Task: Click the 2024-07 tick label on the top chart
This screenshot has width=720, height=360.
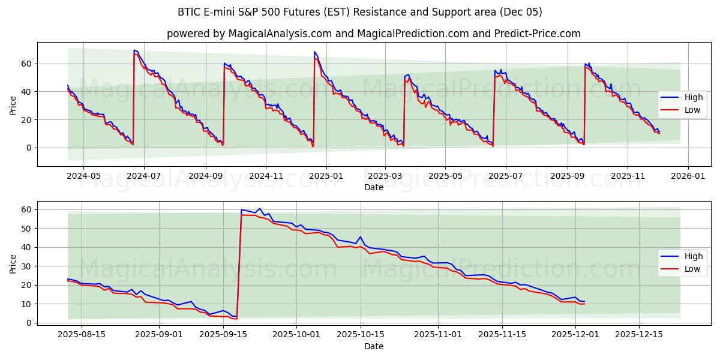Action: pos(145,176)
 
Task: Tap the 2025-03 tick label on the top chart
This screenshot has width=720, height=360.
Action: pos(385,176)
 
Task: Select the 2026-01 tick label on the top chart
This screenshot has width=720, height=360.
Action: pos(688,176)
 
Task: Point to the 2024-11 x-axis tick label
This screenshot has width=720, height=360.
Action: pos(266,176)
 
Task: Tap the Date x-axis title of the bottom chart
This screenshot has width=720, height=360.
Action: pos(373,346)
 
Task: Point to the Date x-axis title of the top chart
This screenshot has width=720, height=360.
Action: pos(373,187)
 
